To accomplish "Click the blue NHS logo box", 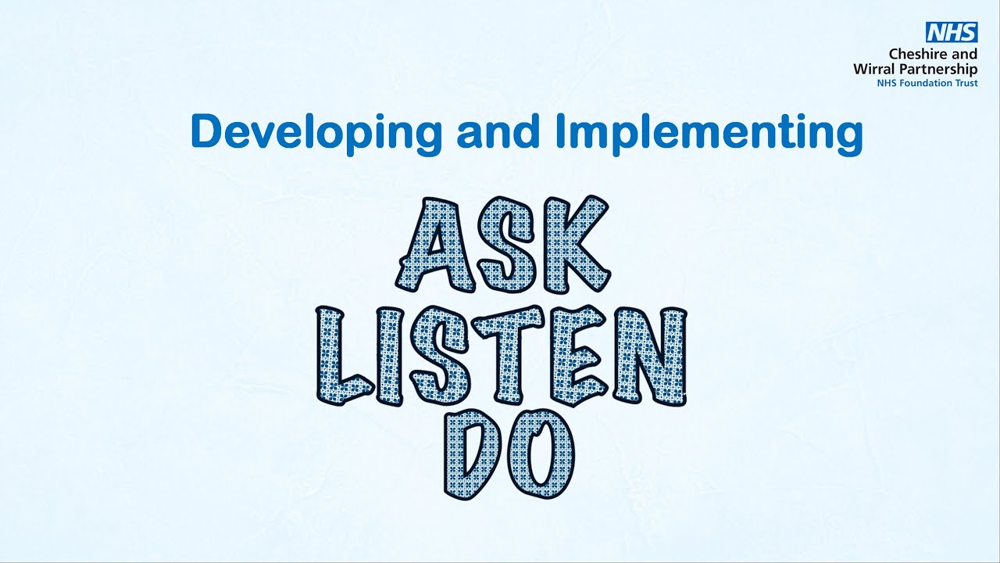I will coord(952,32).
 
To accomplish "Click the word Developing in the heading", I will coord(316,132).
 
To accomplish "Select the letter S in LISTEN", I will coord(442,357).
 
